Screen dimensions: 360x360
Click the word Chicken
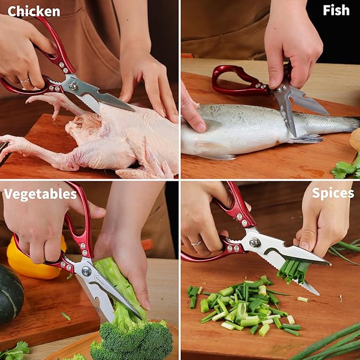34,12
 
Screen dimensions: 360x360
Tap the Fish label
336,10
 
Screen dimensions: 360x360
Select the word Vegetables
40,195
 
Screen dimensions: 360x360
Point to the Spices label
333,194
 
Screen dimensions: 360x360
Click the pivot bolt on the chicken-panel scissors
73,86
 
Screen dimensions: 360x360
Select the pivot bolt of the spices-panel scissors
254,243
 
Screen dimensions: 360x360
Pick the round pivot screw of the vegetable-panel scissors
86,271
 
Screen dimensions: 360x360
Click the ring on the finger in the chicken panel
24,81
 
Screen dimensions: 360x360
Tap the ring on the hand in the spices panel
197,243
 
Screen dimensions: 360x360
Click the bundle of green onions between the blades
293,271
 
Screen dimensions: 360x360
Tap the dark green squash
10,294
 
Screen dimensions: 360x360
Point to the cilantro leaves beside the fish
346,168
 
